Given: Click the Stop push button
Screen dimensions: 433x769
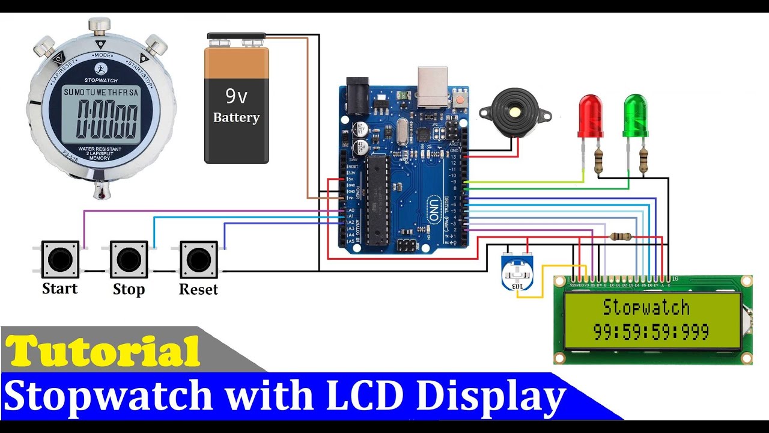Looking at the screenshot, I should click(x=129, y=260).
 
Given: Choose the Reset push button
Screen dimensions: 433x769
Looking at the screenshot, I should click(x=198, y=260).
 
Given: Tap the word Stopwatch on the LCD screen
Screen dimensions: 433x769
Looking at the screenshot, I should click(x=646, y=307).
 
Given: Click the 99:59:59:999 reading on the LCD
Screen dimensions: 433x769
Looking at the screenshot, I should click(x=651, y=331).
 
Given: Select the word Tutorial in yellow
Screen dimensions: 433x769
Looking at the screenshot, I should click(x=104, y=351).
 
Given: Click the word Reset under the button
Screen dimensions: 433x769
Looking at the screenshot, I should click(x=198, y=289).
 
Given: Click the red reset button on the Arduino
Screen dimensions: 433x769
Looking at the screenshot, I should click(x=461, y=98).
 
